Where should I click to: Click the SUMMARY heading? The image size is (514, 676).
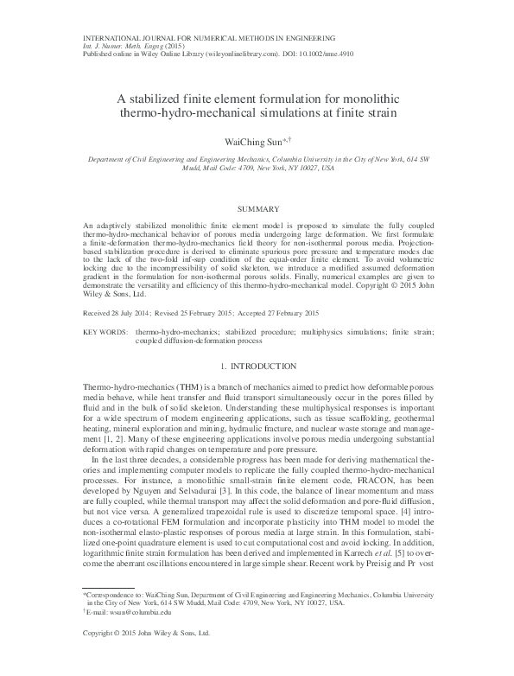tap(257, 209)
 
